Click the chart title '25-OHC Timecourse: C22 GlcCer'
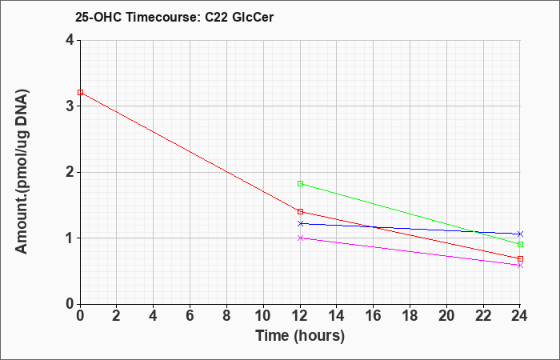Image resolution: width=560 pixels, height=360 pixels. pyautogui.click(x=174, y=17)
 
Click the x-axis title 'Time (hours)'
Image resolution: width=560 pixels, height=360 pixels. pyautogui.click(x=300, y=336)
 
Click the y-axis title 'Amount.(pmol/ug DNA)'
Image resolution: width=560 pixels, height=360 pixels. pyautogui.click(x=22, y=172)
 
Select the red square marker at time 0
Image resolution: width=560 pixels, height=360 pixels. pyautogui.click(x=80, y=93)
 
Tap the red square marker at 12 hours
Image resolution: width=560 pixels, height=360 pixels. pyautogui.click(x=300, y=212)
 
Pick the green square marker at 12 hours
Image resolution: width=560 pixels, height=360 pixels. pyautogui.click(x=300, y=183)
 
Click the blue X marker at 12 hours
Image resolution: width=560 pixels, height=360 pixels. pyautogui.click(x=300, y=223)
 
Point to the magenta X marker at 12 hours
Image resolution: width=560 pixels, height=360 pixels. pyautogui.click(x=300, y=238)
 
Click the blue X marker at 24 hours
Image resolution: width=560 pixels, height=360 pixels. pyautogui.click(x=520, y=234)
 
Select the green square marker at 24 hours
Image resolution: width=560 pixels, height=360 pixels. pyautogui.click(x=520, y=244)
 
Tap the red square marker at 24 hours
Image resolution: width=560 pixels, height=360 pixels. pyautogui.click(x=520, y=258)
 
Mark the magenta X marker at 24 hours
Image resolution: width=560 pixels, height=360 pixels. pyautogui.click(x=520, y=266)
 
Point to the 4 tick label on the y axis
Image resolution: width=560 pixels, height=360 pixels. pyautogui.click(x=70, y=40)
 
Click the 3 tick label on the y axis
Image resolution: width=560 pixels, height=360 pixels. pyautogui.click(x=70, y=106)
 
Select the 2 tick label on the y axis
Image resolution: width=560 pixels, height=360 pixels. pyautogui.click(x=70, y=172)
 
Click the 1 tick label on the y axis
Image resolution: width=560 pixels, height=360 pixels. pyautogui.click(x=70, y=238)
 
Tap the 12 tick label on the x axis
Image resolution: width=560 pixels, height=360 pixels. pyautogui.click(x=300, y=316)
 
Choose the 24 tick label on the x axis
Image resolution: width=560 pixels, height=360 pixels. pyautogui.click(x=520, y=316)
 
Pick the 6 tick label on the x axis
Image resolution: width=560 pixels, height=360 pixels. pyautogui.click(x=190, y=316)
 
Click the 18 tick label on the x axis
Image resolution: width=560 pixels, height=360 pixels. pyautogui.click(x=410, y=316)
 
